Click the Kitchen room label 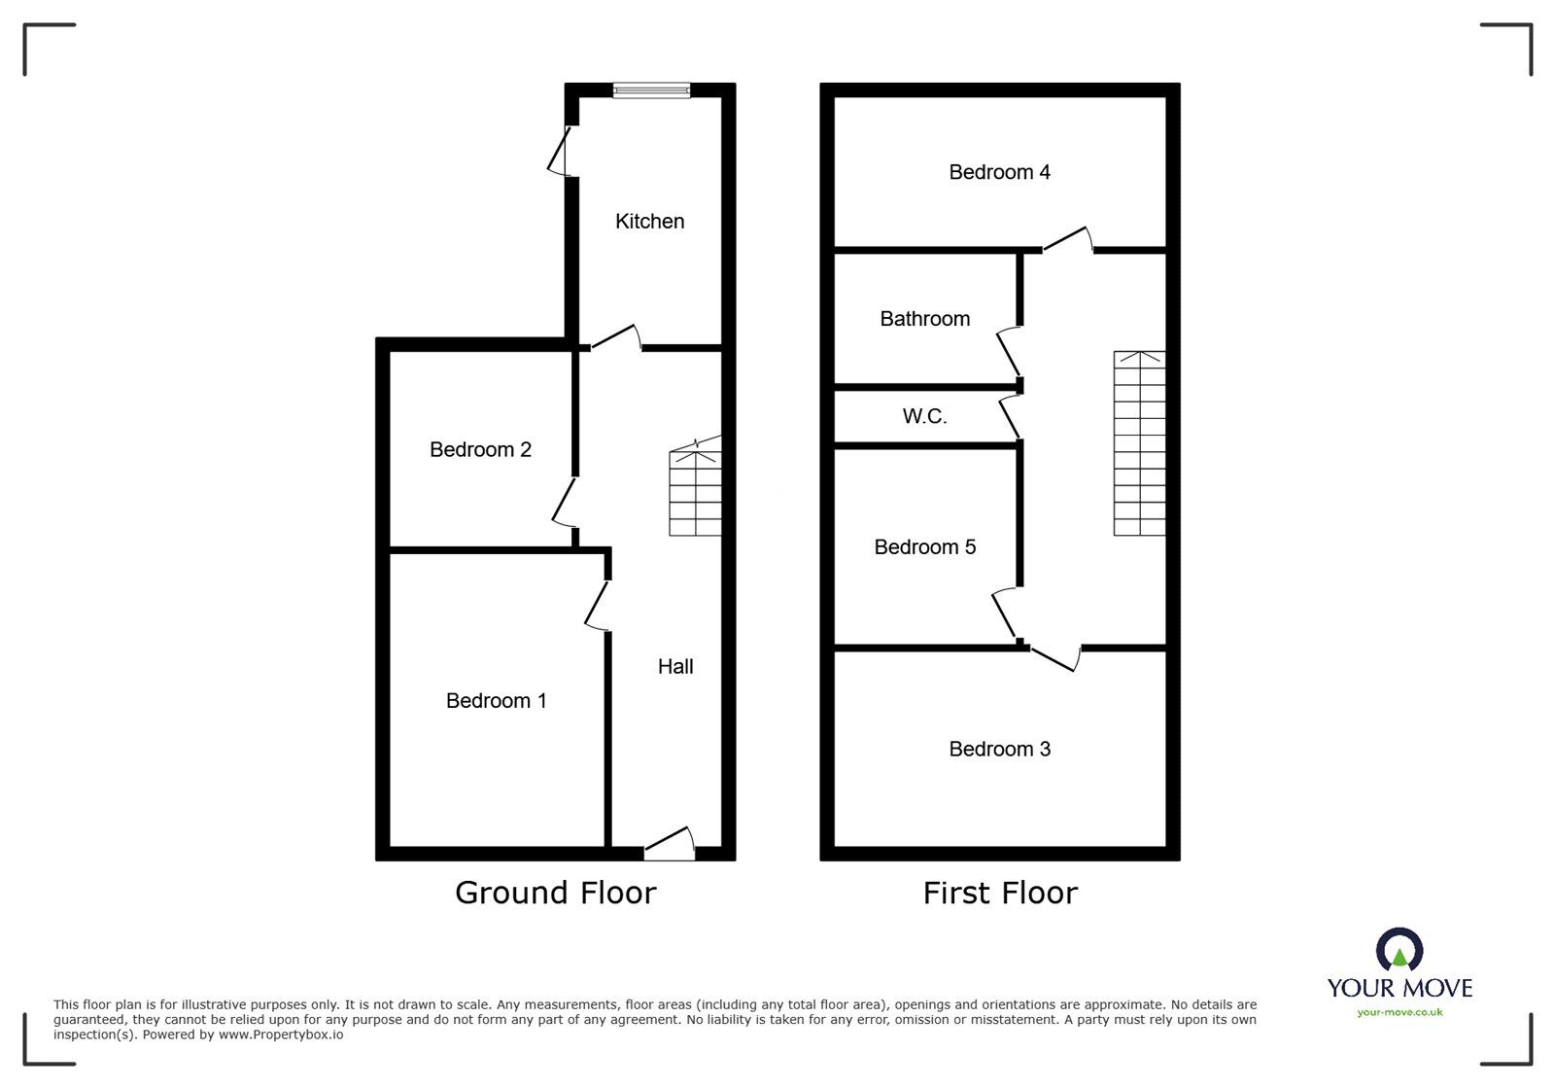pos(649,222)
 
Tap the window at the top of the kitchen pos(651,90)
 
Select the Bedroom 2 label pos(480,449)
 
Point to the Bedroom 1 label pos(496,700)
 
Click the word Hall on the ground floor pos(675,666)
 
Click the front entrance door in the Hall pos(670,845)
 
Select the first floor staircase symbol pos(1139,443)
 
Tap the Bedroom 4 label pos(999,172)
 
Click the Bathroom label pos(924,319)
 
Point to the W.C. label pos(924,416)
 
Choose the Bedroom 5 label pos(924,547)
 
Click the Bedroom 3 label pos(999,749)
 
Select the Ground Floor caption pos(555,893)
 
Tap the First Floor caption pos(1000,893)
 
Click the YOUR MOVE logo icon pos(1399,951)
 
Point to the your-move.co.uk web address pos(1399,1012)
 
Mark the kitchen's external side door pos(560,151)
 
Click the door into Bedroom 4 pos(1068,240)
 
